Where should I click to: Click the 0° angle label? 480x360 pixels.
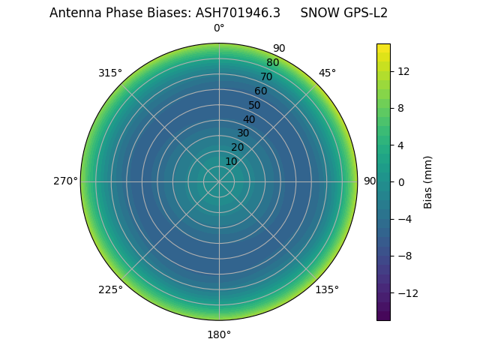[219, 28]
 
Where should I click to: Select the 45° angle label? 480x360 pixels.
[327, 73]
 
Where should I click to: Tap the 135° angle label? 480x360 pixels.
[327, 289]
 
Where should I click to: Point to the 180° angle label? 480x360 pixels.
[219, 334]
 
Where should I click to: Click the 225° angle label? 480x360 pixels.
[110, 289]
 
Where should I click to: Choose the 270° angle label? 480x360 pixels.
[65, 181]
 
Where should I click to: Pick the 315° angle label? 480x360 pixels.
[110, 73]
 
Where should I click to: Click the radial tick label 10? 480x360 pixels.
[231, 162]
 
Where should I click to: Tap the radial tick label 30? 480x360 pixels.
[243, 133]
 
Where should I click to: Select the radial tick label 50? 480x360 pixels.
[255, 105]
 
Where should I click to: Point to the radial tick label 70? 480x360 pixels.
[267, 76]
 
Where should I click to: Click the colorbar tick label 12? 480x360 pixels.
[403, 71]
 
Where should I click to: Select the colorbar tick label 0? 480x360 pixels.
[401, 181]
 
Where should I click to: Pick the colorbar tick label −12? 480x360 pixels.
[406, 292]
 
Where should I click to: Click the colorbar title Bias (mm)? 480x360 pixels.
[428, 181]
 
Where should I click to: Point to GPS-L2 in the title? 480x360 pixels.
[364, 13]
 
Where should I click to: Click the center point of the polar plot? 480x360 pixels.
[219, 181]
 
